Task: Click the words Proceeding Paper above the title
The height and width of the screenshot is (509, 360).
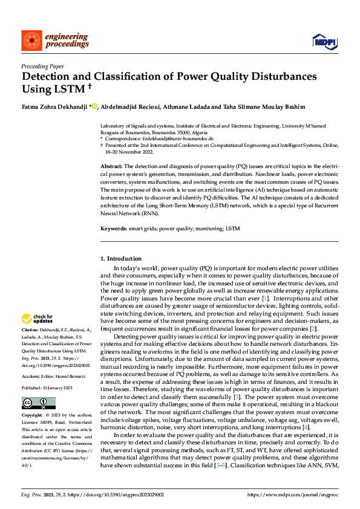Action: [42, 67]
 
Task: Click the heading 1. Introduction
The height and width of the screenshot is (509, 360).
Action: [121, 259]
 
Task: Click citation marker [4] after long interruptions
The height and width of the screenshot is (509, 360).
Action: [306, 427]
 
